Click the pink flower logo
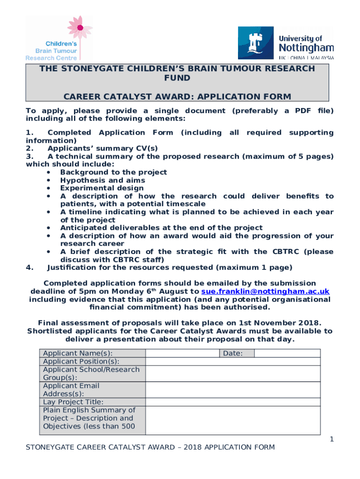pos(79,28)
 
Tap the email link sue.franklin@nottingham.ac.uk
pos(265,291)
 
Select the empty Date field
pos(288,353)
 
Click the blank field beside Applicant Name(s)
pos(182,353)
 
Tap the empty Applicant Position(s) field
pos(233,362)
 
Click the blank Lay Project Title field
pos(233,402)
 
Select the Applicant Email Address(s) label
pos(71,390)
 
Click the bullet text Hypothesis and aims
pos(102,180)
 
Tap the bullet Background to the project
pos(113,172)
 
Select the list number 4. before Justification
pos(29,268)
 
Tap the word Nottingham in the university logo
pos(306,47)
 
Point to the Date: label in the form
pos(232,353)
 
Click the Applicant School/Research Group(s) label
pos(91,373)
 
